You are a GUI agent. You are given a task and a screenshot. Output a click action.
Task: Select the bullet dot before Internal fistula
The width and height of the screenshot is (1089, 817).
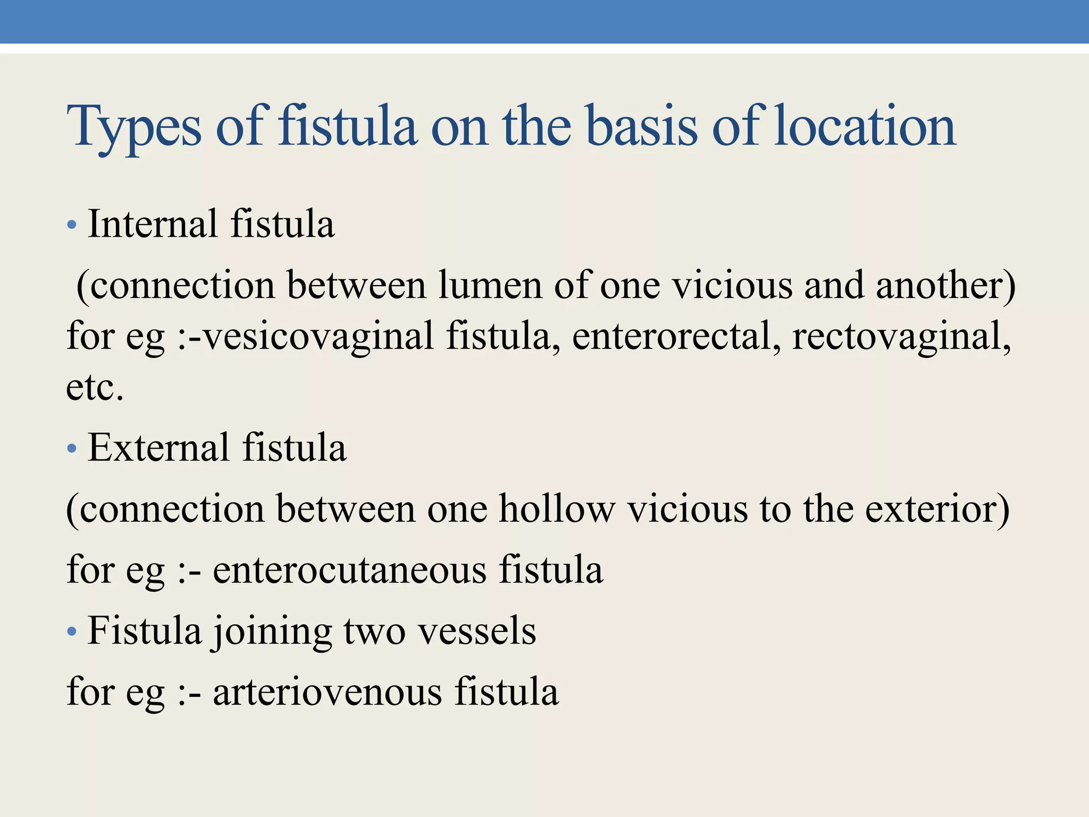72,225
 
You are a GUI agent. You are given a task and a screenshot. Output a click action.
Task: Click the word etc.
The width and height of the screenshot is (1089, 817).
95,387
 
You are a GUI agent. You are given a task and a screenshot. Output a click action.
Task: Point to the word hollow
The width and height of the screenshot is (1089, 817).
556,508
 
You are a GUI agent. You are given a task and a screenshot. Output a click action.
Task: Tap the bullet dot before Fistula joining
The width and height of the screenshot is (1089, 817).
72,632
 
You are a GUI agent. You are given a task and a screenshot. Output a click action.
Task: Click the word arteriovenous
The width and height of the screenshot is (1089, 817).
327,692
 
